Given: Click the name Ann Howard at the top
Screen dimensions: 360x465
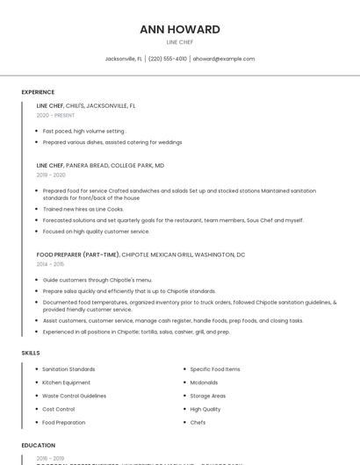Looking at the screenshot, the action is click(x=179, y=29).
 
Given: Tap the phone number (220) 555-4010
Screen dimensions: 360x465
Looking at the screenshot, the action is click(x=167, y=59).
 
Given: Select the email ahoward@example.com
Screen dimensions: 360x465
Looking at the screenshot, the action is click(x=224, y=59).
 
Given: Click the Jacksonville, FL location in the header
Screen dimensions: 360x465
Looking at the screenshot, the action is click(x=123, y=59).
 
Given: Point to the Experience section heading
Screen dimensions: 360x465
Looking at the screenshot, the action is click(x=38, y=92).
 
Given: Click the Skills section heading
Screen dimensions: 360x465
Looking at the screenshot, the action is click(x=31, y=353).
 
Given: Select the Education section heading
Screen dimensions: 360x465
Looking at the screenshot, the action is click(x=39, y=445).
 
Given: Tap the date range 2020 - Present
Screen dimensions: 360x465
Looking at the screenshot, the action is click(x=55, y=115).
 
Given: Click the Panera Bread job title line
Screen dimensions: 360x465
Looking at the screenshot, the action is click(x=100, y=165).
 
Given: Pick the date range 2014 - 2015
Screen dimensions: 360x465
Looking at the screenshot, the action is click(x=50, y=264).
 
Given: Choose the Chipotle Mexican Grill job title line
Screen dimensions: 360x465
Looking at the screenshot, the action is click(x=140, y=254).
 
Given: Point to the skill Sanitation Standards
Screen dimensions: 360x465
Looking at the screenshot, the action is click(x=68, y=369).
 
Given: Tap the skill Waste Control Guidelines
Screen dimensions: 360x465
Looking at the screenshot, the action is click(x=74, y=396).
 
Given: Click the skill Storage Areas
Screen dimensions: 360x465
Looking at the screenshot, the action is click(x=207, y=396).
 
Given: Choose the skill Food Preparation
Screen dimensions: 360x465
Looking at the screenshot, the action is click(x=64, y=422).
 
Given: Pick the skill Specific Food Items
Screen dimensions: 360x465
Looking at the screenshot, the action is click(x=214, y=369).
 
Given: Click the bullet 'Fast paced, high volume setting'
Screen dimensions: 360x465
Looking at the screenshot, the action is click(x=84, y=131).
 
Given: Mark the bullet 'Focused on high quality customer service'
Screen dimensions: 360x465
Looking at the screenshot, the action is click(x=96, y=232).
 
